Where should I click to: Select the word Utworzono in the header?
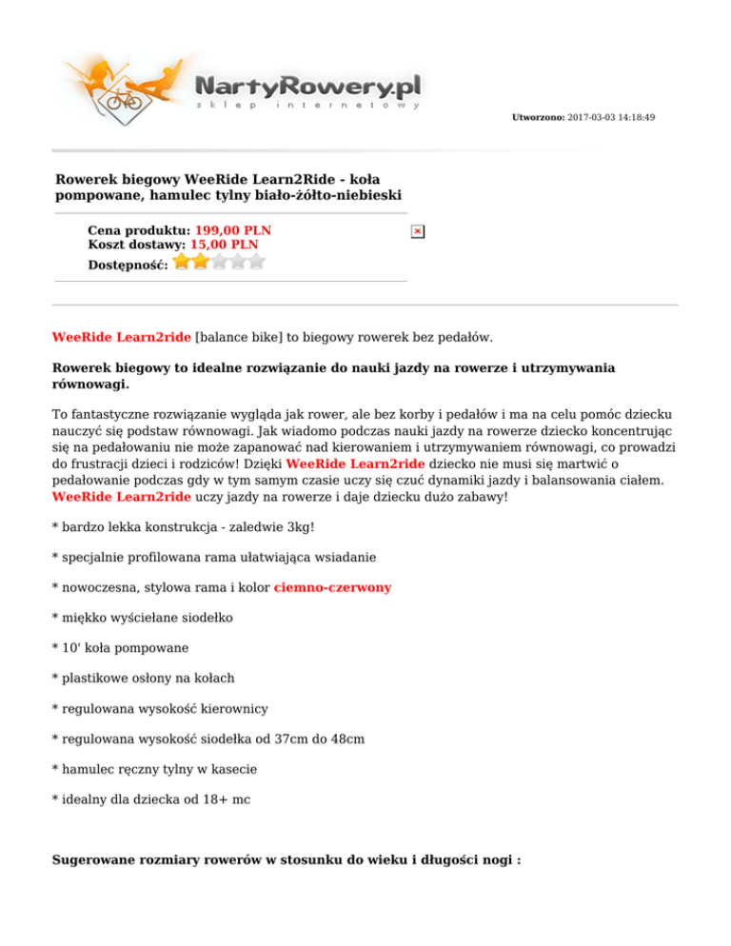coord(538,117)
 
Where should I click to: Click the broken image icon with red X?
coord(418,231)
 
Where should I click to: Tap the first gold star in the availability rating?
coord(182,261)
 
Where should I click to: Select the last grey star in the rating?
coord(257,261)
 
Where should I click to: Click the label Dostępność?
coord(128,264)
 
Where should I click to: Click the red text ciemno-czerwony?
coord(331,588)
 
